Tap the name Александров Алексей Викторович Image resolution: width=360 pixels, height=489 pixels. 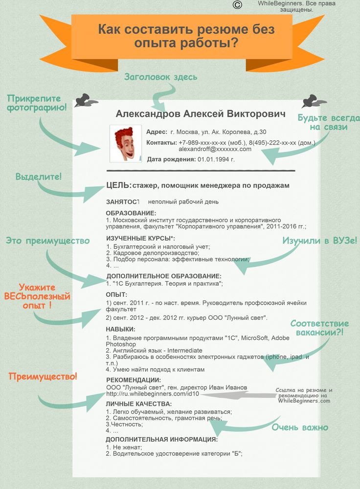click(x=201, y=114)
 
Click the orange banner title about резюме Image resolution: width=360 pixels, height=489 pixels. click(x=186, y=36)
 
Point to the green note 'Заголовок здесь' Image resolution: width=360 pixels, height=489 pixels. click(x=160, y=77)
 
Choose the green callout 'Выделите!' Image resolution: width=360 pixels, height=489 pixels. click(x=39, y=176)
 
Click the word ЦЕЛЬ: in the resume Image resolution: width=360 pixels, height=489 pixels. click(x=118, y=185)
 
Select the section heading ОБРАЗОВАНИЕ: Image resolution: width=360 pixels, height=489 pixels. click(x=131, y=213)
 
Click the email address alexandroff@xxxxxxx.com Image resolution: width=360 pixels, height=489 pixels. click(x=215, y=149)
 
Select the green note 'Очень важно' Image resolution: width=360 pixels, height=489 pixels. click(x=300, y=427)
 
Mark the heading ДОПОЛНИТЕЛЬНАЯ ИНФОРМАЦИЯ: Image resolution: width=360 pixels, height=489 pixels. click(x=161, y=439)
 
